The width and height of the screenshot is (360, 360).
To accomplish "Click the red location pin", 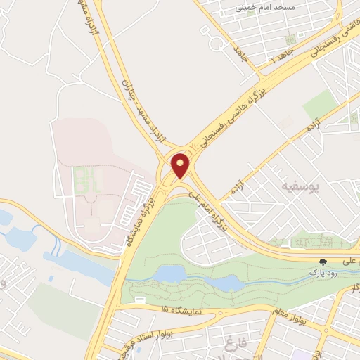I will (181, 165).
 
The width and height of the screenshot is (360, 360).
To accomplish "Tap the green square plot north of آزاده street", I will (320, 104).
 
